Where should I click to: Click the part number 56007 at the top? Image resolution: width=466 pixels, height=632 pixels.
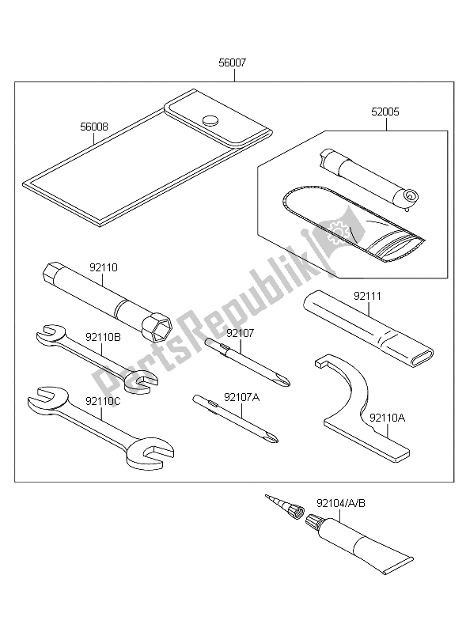[232, 62]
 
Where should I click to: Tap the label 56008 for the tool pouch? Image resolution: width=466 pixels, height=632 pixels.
[94, 127]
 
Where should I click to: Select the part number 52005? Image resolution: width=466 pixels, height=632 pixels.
[385, 112]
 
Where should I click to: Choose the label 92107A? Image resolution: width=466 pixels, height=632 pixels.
[242, 397]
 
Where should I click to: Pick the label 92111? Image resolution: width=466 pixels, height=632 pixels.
[367, 297]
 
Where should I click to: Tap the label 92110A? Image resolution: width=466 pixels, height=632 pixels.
[388, 418]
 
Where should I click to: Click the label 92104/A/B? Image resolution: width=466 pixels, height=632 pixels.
[341, 503]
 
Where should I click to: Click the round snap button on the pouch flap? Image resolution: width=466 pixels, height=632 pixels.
[210, 119]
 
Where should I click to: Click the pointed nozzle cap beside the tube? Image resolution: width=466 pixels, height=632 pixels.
[286, 507]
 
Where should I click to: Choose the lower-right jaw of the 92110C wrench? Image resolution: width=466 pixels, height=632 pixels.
[155, 458]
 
